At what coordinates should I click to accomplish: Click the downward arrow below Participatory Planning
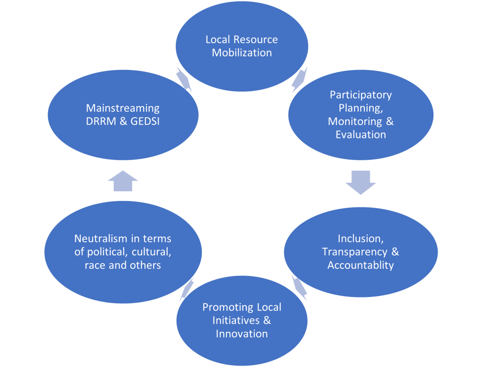[361, 182]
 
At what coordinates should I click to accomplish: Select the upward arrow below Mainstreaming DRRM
[123, 181]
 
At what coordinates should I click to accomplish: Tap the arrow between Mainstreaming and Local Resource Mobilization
[184, 79]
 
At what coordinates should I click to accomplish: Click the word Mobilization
[241, 53]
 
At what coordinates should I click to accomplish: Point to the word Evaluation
[361, 134]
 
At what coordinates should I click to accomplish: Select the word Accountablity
[361, 265]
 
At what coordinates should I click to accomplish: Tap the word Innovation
[241, 334]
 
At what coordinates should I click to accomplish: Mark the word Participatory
[361, 95]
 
